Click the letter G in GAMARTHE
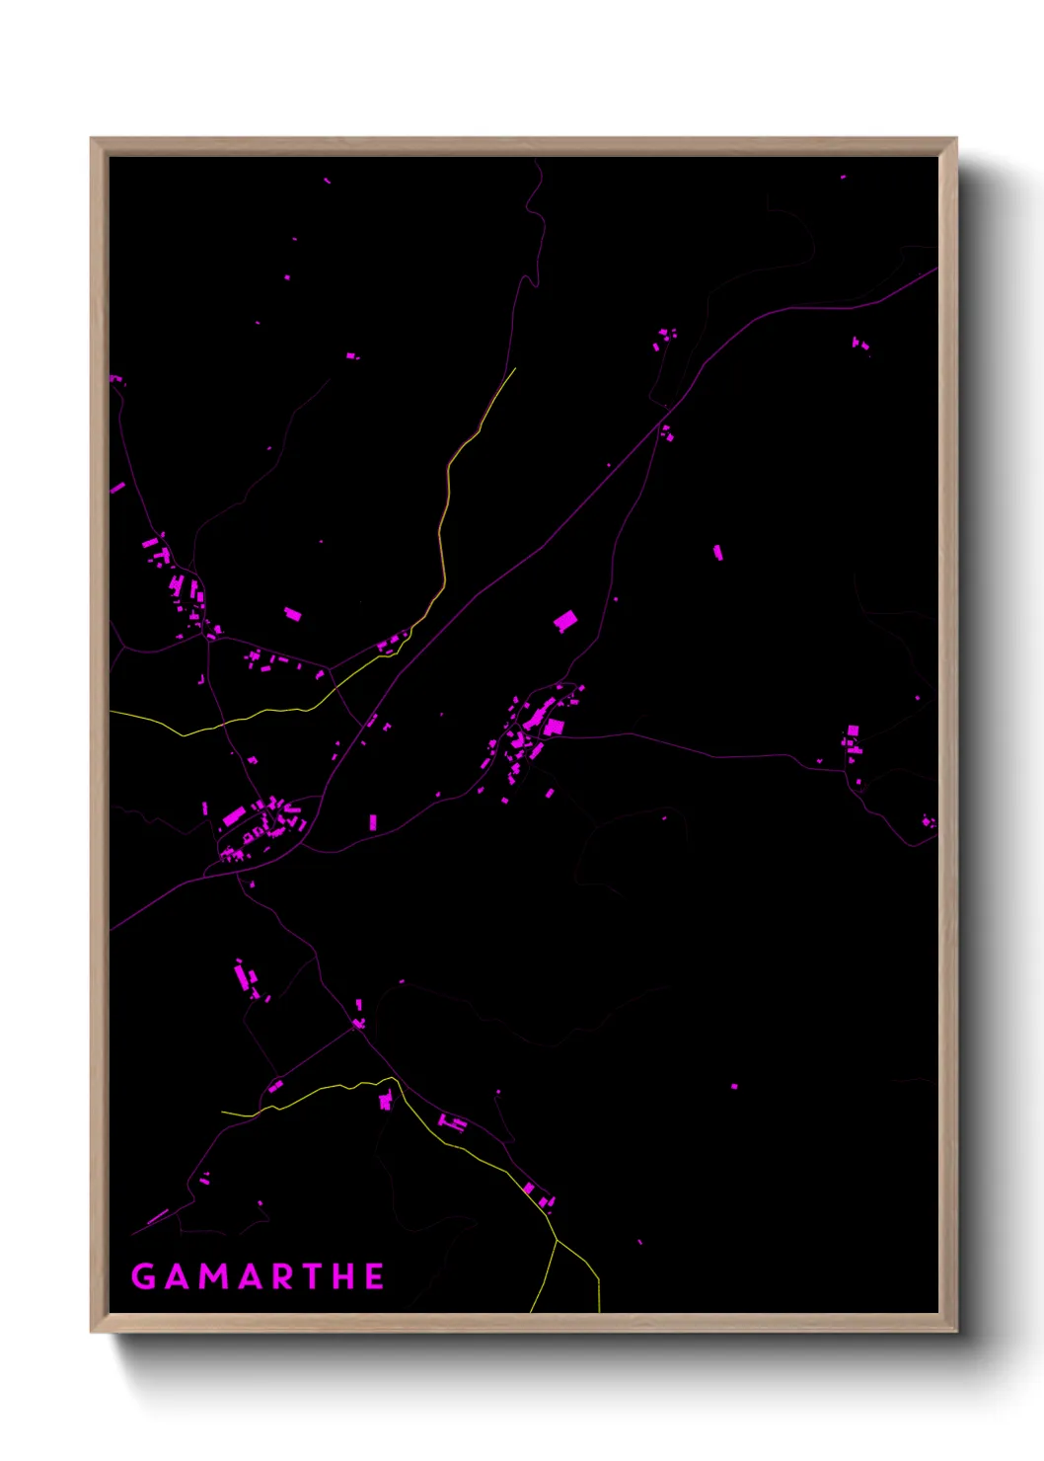pyautogui.click(x=143, y=1276)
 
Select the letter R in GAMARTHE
pyautogui.click(x=281, y=1276)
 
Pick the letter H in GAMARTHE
pyautogui.click(x=343, y=1276)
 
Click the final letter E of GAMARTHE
pyautogui.click(x=375, y=1276)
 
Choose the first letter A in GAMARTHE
pyautogui.click(x=178, y=1276)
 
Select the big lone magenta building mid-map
pyautogui.click(x=565, y=621)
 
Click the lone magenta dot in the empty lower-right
pyautogui.click(x=734, y=1086)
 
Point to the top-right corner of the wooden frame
pyautogui.click(x=956, y=139)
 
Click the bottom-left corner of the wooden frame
pyautogui.click(x=91, y=1331)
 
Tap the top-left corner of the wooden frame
pyautogui.click(x=91, y=139)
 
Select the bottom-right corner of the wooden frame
pyautogui.click(x=956, y=1331)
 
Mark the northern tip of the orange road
pyautogui.click(x=515, y=369)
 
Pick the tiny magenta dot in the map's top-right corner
pyautogui.click(x=843, y=177)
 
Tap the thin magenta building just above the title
pyautogui.click(x=158, y=1217)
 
